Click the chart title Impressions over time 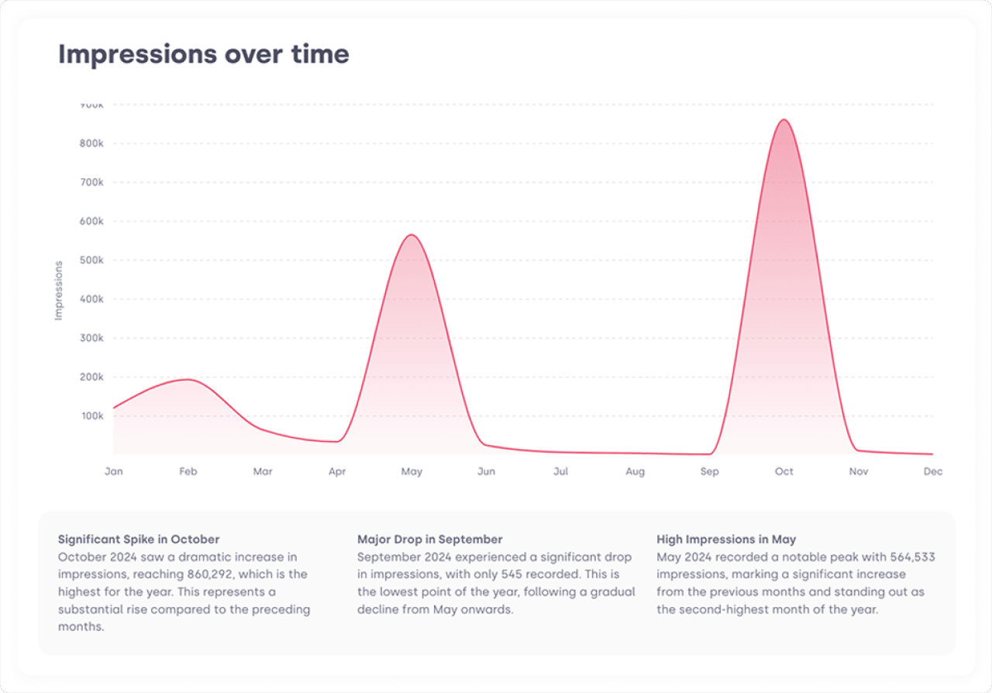click(204, 54)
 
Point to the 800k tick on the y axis click(91, 143)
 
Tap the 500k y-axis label click(91, 260)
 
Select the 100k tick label click(92, 415)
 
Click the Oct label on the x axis click(784, 471)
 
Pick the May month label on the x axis click(412, 472)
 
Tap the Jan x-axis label click(114, 471)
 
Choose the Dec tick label click(932, 471)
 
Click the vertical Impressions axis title click(58, 290)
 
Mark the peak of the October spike click(784, 119)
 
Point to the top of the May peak click(412, 235)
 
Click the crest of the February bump click(188, 379)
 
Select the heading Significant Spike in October click(139, 540)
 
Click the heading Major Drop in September click(429, 540)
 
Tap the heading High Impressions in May click(726, 540)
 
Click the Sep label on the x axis click(709, 472)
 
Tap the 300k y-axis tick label click(91, 338)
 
